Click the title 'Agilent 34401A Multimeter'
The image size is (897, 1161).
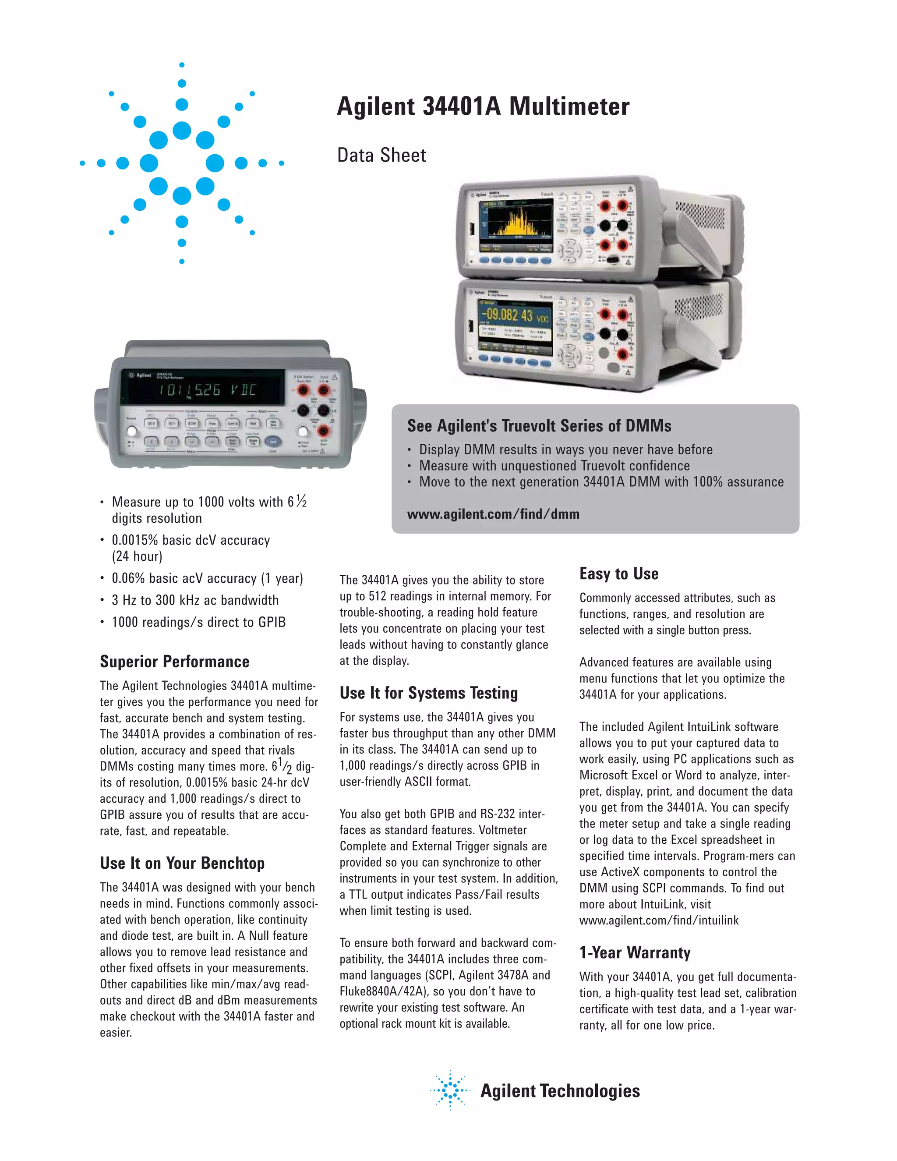(x=483, y=106)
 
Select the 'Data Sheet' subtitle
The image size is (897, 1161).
(x=381, y=155)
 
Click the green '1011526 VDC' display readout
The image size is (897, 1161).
(x=207, y=390)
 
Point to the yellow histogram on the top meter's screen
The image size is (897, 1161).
(x=520, y=221)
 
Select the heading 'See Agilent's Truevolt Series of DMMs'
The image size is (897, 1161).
(x=539, y=426)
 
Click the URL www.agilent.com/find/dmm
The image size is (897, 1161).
(x=493, y=514)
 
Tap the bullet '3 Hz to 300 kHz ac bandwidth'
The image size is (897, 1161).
(x=195, y=600)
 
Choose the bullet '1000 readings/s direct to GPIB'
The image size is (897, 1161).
(x=198, y=622)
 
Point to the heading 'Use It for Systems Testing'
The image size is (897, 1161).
(x=428, y=693)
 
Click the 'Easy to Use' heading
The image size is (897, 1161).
(x=618, y=573)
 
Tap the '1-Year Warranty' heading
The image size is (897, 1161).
(x=635, y=952)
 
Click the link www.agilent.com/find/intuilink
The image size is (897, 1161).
(x=658, y=920)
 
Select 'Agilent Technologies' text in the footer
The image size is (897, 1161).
(x=560, y=1090)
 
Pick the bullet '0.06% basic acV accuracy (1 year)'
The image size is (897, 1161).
(x=207, y=578)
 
